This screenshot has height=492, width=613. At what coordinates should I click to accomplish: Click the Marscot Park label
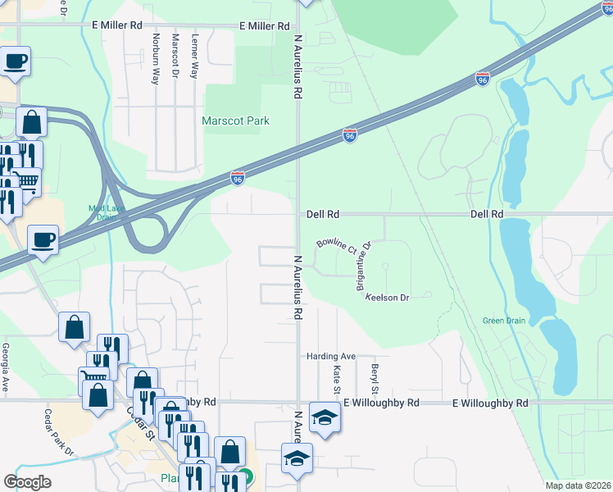click(236, 121)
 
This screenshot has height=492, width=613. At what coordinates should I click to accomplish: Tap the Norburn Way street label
click(155, 59)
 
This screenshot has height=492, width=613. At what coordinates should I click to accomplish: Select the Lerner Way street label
click(194, 57)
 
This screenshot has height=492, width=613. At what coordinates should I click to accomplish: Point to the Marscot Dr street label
click(175, 57)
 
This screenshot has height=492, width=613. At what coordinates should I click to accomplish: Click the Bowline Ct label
click(336, 246)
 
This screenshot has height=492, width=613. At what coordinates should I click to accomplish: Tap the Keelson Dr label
click(387, 298)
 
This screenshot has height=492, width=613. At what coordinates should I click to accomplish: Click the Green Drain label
click(504, 321)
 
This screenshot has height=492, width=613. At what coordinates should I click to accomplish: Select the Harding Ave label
click(331, 357)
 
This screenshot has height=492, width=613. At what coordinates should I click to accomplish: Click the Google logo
click(27, 482)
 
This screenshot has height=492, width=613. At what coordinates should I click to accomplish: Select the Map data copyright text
click(578, 485)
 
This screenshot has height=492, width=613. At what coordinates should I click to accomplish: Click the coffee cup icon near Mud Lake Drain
click(43, 239)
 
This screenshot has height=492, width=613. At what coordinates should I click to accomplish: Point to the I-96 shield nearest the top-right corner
click(483, 79)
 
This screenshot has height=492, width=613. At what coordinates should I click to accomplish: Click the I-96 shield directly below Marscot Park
click(238, 177)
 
